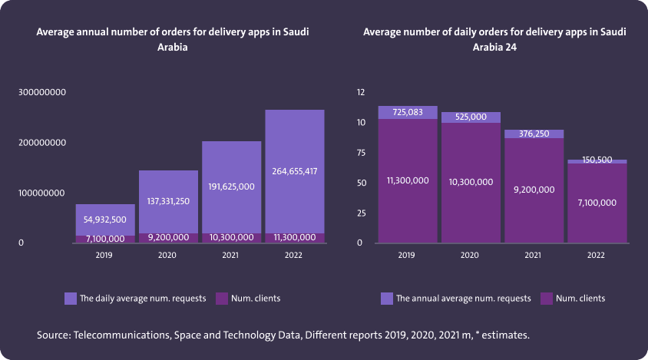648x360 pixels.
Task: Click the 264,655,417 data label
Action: [x=295, y=171]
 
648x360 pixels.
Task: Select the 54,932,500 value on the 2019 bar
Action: [x=105, y=220]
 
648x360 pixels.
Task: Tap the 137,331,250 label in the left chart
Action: [x=168, y=201]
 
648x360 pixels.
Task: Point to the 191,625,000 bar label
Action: [x=232, y=186]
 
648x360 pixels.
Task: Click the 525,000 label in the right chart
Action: [x=471, y=117]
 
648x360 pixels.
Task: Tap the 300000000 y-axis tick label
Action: [x=43, y=92]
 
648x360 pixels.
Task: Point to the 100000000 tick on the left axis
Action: [x=43, y=193]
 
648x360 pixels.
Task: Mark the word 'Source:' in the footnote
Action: [x=52, y=335]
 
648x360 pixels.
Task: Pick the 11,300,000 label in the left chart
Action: [x=295, y=238]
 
